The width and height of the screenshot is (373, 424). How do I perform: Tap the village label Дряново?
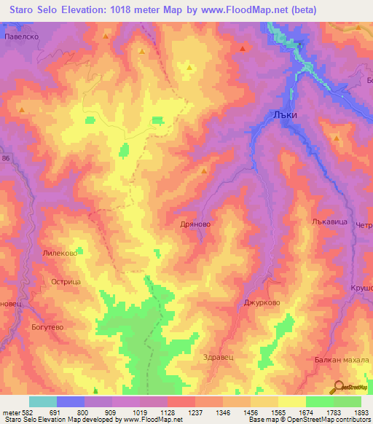point(195,225)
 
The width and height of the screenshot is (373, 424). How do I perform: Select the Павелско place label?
point(20,36)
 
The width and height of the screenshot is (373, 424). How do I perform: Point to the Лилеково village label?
point(60,250)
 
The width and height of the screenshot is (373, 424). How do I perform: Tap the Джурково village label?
point(262,303)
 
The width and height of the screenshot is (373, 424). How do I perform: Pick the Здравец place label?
point(216,357)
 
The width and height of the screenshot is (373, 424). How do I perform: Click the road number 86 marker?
point(7,158)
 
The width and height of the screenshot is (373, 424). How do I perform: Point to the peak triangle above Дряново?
point(203,170)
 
